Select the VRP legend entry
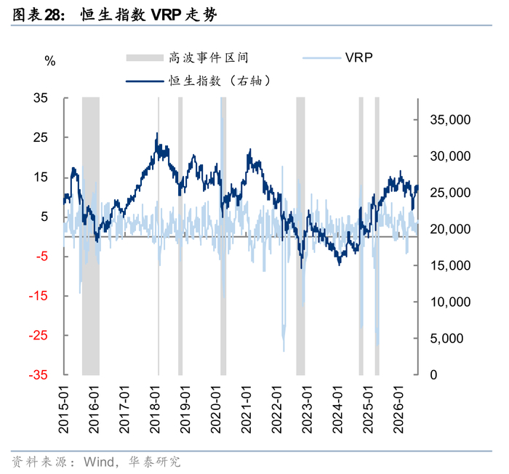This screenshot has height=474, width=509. click(x=337, y=57)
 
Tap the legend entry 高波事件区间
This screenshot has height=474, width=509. click(x=188, y=57)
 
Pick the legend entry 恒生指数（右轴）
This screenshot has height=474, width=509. click(x=199, y=81)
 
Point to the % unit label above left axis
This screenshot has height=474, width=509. click(x=50, y=61)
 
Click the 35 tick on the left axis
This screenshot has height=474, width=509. click(x=41, y=98)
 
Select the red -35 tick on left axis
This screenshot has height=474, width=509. click(x=38, y=375)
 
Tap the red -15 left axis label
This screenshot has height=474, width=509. click(x=38, y=296)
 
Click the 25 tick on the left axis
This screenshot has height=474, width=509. click(x=41, y=137)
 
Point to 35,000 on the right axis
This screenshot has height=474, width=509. click(x=450, y=120)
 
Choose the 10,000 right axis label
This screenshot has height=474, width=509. click(x=450, y=302)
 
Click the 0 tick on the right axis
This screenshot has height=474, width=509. click(x=433, y=375)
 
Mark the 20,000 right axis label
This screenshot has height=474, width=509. click(x=450, y=229)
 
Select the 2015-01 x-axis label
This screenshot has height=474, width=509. click(x=64, y=409)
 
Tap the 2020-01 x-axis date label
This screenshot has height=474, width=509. click(x=216, y=409)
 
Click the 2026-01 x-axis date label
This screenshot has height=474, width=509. click(x=398, y=409)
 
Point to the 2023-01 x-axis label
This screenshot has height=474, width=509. click(x=307, y=409)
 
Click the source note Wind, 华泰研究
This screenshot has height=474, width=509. click(x=132, y=462)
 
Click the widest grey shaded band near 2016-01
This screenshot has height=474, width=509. click(x=91, y=236)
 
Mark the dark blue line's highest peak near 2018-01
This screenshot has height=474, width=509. click(x=158, y=133)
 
